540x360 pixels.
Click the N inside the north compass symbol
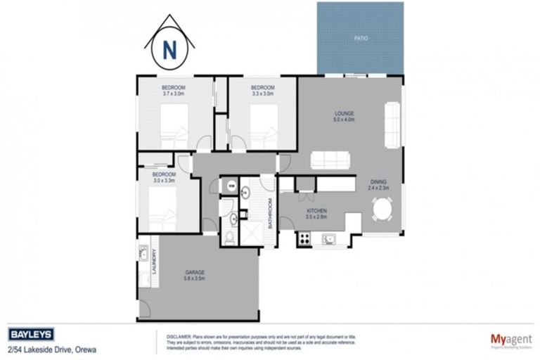coord(169,50)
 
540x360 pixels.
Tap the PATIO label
coord(360,38)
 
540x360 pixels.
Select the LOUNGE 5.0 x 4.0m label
coord(344,116)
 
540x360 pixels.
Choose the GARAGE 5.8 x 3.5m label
coord(195,275)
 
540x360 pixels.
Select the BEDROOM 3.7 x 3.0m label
coord(174,90)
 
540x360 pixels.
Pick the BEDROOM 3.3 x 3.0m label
coord(262,90)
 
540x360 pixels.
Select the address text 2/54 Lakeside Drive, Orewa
coord(51,349)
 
